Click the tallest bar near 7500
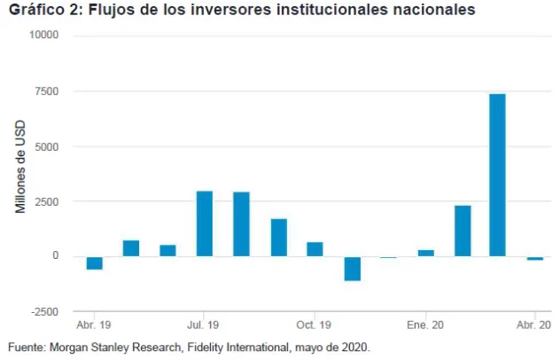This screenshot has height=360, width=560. click(x=497, y=175)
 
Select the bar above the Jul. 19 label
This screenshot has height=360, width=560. click(x=204, y=223)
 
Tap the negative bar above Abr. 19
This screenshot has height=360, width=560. click(x=94, y=262)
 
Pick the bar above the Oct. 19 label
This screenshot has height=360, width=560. click(x=315, y=249)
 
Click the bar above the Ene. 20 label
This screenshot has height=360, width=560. click(x=425, y=253)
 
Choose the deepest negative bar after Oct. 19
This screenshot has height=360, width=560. click(x=352, y=268)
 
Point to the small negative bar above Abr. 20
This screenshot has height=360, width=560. click(x=534, y=258)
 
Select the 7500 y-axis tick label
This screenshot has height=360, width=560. click(x=47, y=90)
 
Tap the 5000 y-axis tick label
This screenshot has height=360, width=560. click(x=47, y=146)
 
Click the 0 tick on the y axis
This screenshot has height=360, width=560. click(x=55, y=256)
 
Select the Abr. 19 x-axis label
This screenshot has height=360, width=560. click(x=94, y=325)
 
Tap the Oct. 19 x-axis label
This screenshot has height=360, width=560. click(x=315, y=325)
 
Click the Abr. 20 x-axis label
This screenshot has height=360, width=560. click(x=534, y=325)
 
